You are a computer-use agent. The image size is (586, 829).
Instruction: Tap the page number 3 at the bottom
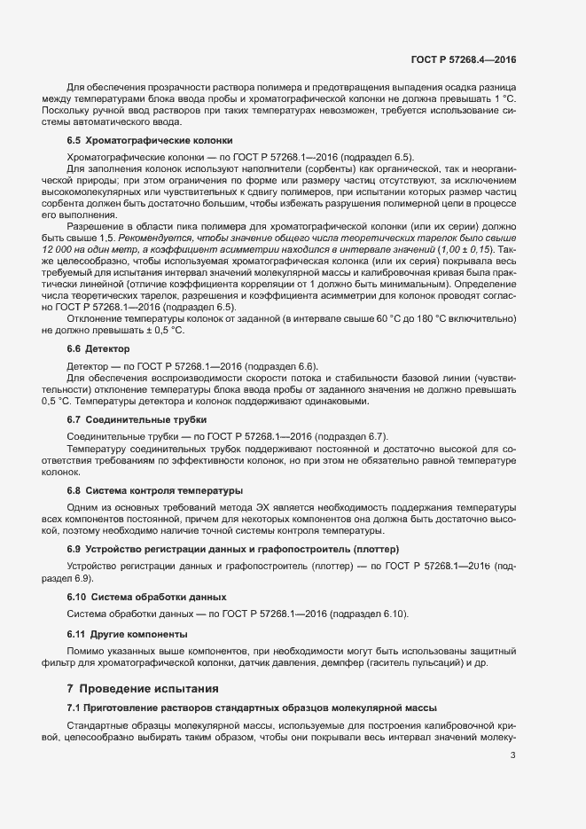point(513,755)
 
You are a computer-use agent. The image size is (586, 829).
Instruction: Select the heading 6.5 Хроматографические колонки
point(150,140)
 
